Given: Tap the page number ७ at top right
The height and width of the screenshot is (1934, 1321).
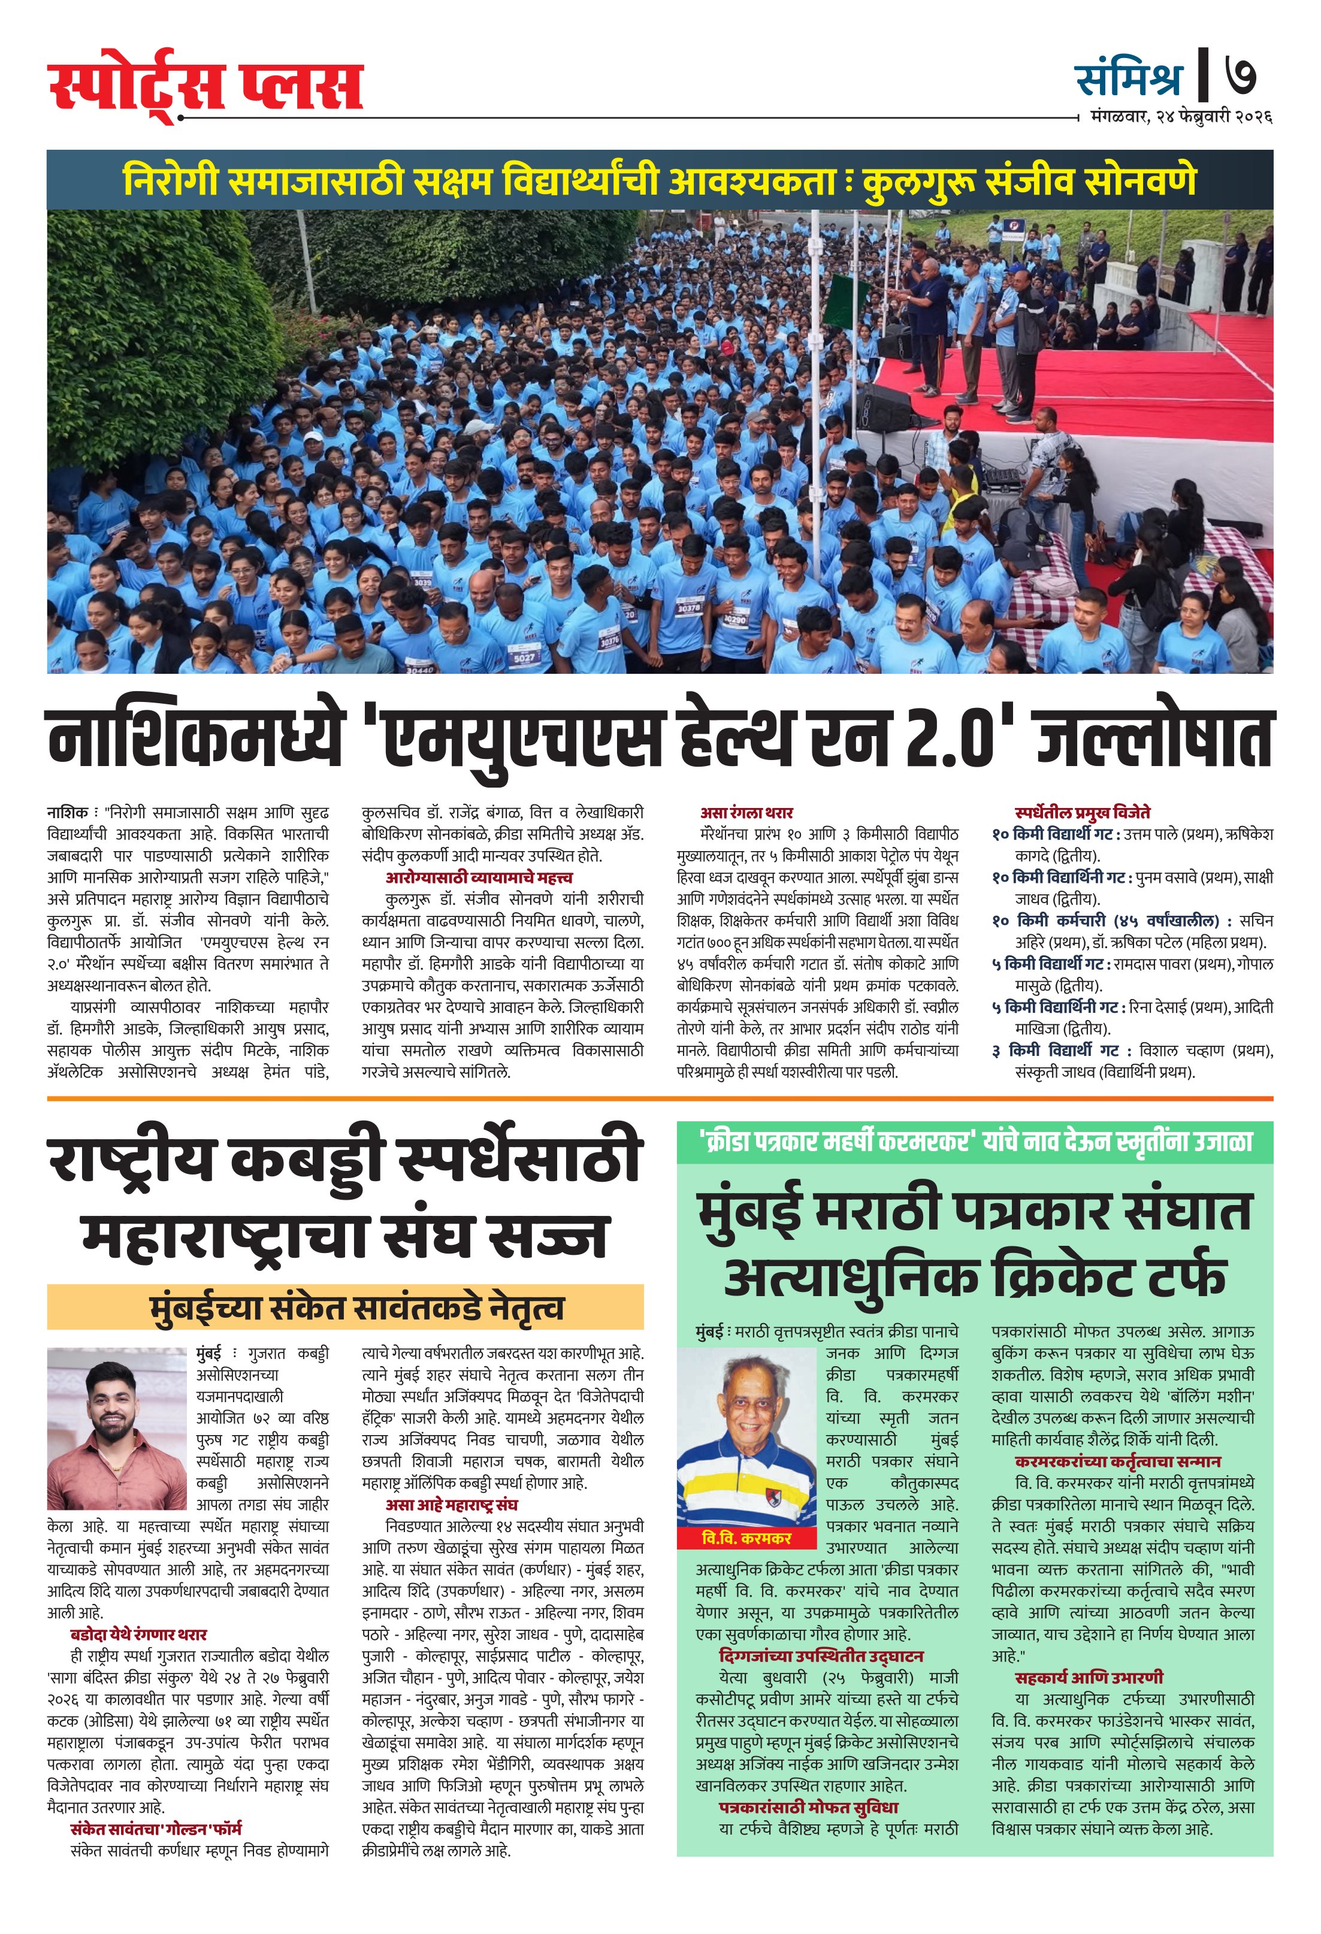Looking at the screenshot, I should tap(1240, 77).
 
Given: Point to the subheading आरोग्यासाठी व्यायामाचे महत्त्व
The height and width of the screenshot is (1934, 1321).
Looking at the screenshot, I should tap(479, 877).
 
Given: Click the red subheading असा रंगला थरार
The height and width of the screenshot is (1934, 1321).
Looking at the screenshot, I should tap(746, 812).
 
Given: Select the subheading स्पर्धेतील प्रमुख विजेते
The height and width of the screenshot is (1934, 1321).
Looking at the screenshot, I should tap(1082, 812).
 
